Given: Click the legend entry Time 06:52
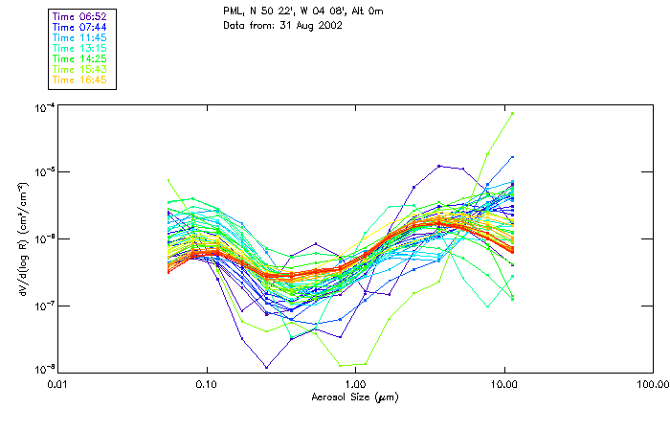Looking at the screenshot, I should (78, 16).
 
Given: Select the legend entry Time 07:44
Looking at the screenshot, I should (78, 27).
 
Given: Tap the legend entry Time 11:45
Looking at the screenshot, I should (78, 37).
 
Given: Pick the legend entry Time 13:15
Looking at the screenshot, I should (78, 48).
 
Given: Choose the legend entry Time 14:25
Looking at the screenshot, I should (78, 58).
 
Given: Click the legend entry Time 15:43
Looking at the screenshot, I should (78, 69).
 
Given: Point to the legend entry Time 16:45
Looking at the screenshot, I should (78, 79).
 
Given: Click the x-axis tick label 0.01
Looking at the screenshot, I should (58, 384).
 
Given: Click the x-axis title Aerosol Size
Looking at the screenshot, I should (354, 396).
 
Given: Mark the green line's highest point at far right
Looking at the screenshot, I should (512, 113).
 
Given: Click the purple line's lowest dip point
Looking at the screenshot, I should (266, 367).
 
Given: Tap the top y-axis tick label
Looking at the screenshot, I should (42, 106).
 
